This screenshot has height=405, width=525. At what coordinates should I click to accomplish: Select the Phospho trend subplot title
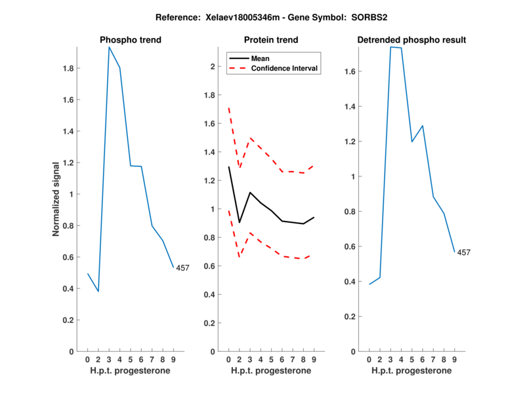click(x=131, y=40)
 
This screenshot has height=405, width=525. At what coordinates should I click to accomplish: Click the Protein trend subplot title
click(x=271, y=40)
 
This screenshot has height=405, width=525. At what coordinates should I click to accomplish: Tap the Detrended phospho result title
click(x=411, y=40)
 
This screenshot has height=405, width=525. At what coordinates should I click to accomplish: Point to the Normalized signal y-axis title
click(x=56, y=199)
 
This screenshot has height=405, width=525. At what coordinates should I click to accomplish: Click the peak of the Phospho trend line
click(x=109, y=47)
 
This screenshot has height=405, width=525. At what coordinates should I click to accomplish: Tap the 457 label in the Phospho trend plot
click(x=183, y=267)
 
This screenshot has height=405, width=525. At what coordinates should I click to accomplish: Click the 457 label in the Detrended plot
click(x=464, y=252)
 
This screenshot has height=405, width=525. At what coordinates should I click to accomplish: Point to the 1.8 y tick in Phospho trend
click(x=67, y=68)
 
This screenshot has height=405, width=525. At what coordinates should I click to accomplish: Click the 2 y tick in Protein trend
click(x=213, y=66)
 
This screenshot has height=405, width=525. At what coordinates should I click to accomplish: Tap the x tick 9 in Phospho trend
click(x=173, y=359)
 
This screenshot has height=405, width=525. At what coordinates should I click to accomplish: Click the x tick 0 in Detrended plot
click(x=369, y=359)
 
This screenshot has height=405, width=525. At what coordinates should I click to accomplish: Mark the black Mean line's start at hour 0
click(x=228, y=166)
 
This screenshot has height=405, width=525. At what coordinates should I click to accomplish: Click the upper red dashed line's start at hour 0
click(x=228, y=107)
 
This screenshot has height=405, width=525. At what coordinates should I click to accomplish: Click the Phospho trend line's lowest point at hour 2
click(x=98, y=291)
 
